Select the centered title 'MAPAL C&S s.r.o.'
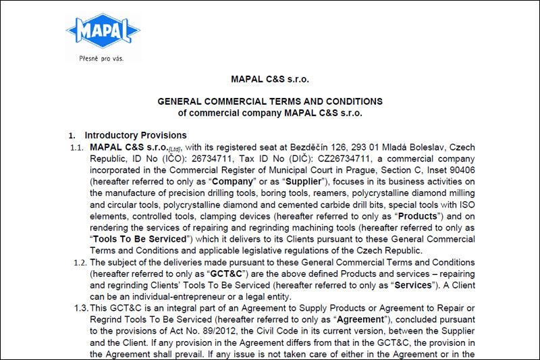coord(270,79)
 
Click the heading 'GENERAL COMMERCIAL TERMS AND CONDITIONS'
coord(270,101)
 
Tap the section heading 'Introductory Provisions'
coord(135,135)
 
